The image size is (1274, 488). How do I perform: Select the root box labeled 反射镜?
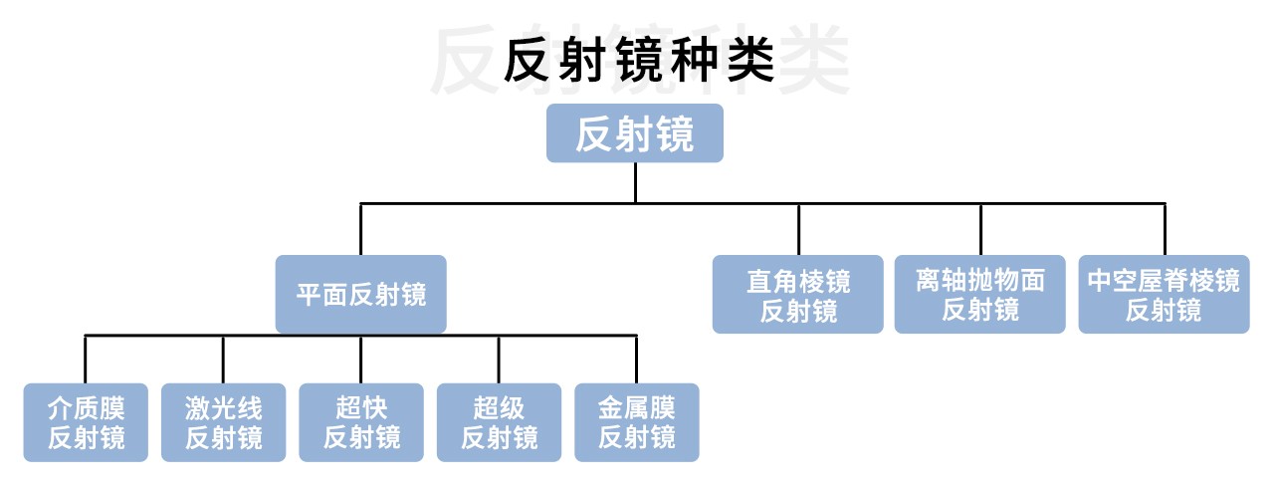click(x=634, y=133)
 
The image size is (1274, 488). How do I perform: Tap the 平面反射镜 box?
click(x=361, y=295)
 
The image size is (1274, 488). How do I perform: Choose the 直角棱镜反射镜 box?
click(x=798, y=294)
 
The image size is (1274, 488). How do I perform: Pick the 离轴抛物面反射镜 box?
click(x=980, y=294)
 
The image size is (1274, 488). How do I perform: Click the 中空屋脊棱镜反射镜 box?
click(x=1164, y=294)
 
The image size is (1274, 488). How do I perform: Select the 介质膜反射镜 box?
click(x=86, y=422)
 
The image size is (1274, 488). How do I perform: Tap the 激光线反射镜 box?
click(x=223, y=422)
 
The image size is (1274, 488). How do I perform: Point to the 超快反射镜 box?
click(x=361, y=422)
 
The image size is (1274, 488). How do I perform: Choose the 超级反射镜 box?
click(x=499, y=422)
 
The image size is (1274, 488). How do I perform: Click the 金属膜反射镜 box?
click(x=636, y=422)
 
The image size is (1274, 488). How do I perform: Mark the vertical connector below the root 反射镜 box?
click(x=635, y=182)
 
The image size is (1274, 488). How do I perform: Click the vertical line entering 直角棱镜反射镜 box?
click(x=798, y=229)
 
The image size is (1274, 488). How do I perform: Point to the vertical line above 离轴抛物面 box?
click(x=980, y=229)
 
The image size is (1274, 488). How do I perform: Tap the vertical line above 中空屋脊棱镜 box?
click(x=1164, y=229)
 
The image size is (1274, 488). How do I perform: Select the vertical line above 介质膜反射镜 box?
click(x=86, y=359)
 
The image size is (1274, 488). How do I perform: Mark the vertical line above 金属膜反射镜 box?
click(x=636, y=359)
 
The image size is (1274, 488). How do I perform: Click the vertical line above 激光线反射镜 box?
click(x=223, y=359)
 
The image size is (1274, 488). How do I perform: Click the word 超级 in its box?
click(x=499, y=408)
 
